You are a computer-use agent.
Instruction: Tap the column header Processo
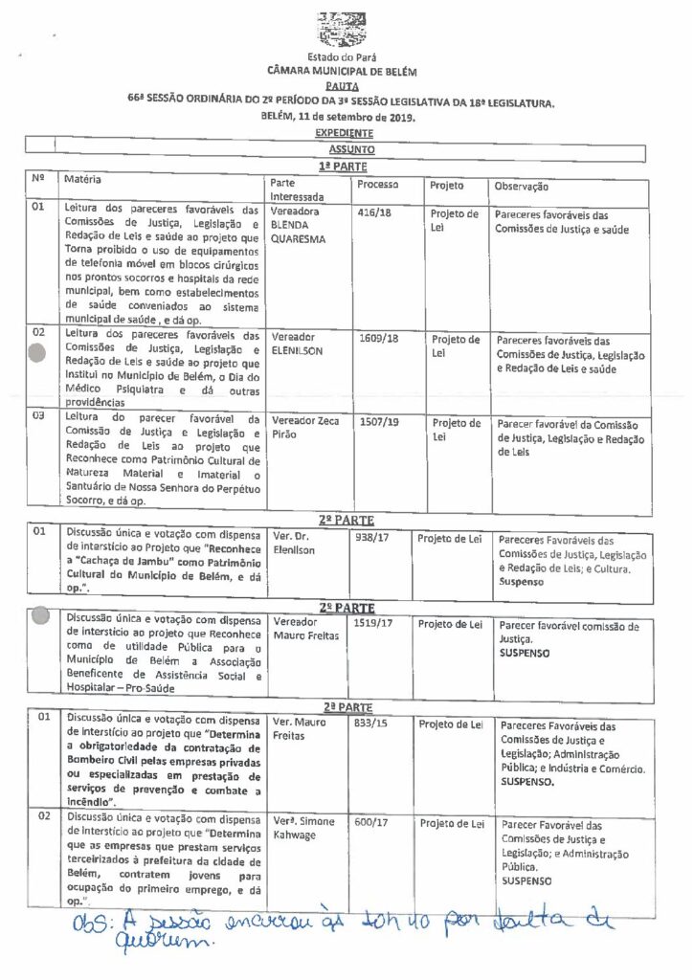pyautogui.click(x=377, y=184)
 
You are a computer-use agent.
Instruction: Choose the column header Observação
pyautogui.click(x=522, y=186)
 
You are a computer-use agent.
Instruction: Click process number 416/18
pyautogui.click(x=374, y=214)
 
